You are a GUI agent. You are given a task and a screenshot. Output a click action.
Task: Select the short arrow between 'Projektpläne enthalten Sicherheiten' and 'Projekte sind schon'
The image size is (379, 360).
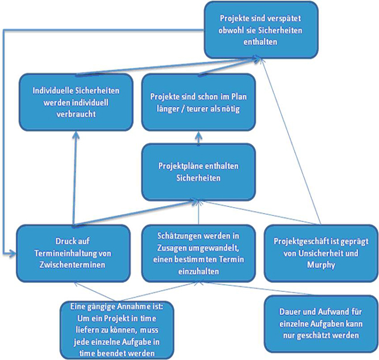tap(198, 138)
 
